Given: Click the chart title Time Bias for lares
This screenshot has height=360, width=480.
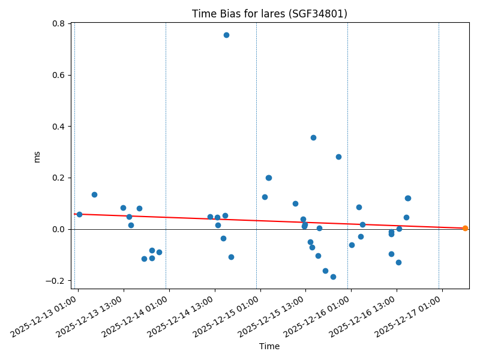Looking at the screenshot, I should [269, 14].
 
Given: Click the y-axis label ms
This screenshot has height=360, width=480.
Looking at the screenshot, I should [37, 157].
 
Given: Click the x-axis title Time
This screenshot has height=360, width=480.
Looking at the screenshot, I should [269, 346].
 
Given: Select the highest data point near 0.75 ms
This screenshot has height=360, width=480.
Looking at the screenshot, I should [226, 35].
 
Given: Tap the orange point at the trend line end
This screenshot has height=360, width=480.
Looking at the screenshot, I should [465, 228].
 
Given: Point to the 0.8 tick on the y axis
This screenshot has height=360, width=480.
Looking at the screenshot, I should [58, 23].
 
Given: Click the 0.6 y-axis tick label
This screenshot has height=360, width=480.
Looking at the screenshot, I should [58, 75].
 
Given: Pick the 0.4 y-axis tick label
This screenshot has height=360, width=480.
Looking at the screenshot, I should [58, 127].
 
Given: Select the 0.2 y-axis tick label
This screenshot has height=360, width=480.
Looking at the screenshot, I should [58, 178].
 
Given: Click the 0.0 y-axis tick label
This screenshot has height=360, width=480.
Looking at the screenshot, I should [58, 229].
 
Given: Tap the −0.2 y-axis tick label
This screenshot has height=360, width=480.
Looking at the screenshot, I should [55, 281].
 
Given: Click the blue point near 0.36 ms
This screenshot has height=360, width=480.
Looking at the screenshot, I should [313, 137].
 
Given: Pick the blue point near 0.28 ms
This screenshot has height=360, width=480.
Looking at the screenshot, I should [338, 157].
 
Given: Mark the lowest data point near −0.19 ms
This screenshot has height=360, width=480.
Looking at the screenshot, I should [333, 277].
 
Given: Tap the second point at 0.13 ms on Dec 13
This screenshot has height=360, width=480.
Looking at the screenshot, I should [94, 194].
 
